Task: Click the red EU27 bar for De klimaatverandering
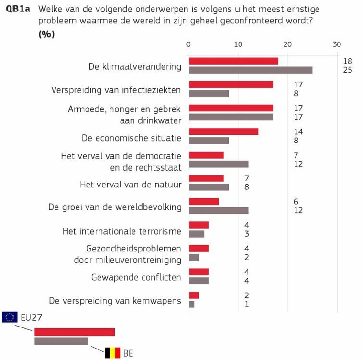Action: click(x=233, y=61)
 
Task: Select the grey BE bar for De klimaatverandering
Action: click(x=251, y=70)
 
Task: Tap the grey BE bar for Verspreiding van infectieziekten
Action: click(x=208, y=93)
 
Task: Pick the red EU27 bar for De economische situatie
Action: click(x=223, y=131)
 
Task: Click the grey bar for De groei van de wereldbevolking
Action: click(x=219, y=210)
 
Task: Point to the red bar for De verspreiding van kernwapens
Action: click(x=194, y=295)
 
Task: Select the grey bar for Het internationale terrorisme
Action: click(x=197, y=234)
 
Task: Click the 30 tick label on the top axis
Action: click(x=337, y=44)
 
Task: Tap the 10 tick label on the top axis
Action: click(x=238, y=44)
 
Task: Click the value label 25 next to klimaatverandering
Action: click(x=348, y=70)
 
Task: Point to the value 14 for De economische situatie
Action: click(x=298, y=132)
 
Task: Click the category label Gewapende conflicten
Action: click(x=136, y=277)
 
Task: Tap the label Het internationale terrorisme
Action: click(x=122, y=231)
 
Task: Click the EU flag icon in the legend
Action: click(x=10, y=316)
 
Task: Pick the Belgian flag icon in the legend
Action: click(x=112, y=353)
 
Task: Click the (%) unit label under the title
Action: click(x=46, y=34)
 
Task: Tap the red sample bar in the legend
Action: click(x=75, y=332)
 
